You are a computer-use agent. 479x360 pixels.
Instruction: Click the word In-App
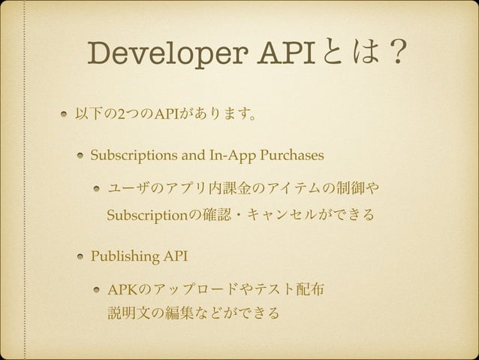click(227, 156)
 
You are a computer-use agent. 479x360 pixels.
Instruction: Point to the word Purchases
click(290, 156)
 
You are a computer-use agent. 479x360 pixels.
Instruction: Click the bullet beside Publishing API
click(79, 256)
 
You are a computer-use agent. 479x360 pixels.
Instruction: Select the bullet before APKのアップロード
click(97, 289)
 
